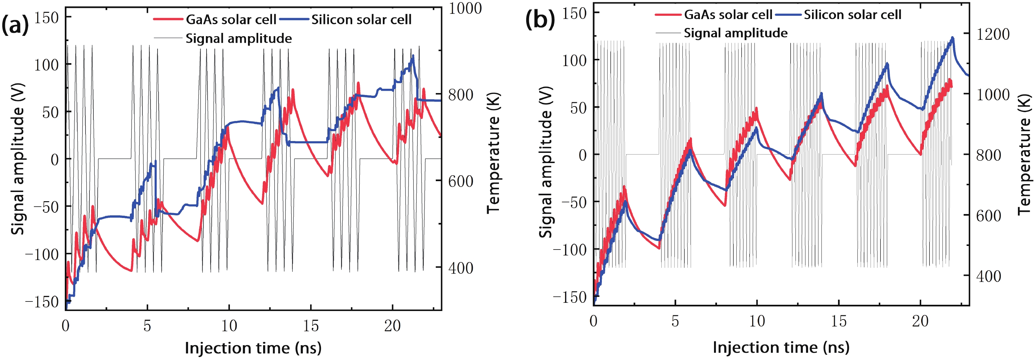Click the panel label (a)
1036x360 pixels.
pyautogui.click(x=15, y=25)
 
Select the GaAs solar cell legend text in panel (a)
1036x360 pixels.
pyautogui.click(x=231, y=20)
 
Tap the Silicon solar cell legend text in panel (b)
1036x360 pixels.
pyautogui.click(x=852, y=15)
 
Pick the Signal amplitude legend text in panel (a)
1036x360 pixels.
pyautogui.click(x=238, y=38)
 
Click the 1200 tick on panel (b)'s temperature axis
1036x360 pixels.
pyautogui.click(x=993, y=34)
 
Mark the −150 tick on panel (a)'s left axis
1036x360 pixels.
pyautogui.click(x=42, y=302)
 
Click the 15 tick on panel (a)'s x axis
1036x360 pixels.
pyautogui.click(x=310, y=326)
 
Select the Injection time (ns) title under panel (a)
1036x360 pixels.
pyautogui.click(x=253, y=348)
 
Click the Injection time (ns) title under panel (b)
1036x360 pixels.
pyautogui.click(x=781, y=347)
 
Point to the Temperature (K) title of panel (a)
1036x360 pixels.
pyautogui.click(x=493, y=153)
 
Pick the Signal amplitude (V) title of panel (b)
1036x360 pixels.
pyautogui.click(x=546, y=162)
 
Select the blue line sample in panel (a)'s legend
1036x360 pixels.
pyautogui.click(x=294, y=19)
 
